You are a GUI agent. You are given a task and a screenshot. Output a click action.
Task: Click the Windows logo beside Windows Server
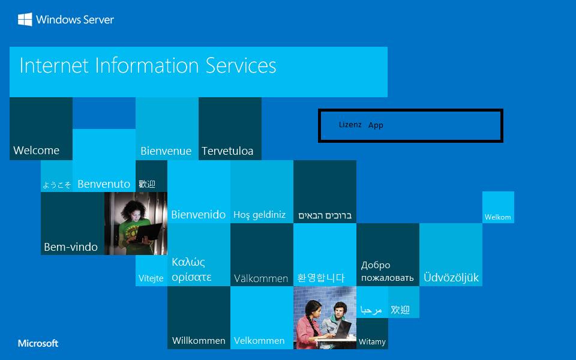[x=25, y=20]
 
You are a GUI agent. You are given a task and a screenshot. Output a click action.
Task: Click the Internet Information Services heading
[x=148, y=65]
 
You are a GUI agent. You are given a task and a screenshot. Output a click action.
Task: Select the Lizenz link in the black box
[x=350, y=125]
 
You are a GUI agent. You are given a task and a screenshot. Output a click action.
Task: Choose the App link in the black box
[x=376, y=125]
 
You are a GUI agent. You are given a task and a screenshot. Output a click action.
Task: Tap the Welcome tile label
[x=37, y=151]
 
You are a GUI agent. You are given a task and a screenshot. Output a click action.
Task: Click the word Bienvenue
[x=166, y=151]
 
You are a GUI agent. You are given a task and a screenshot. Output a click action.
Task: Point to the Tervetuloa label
[x=227, y=151]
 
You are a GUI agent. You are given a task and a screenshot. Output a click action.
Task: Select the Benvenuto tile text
[x=104, y=184]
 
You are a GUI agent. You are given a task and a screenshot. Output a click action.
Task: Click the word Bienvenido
[x=199, y=215]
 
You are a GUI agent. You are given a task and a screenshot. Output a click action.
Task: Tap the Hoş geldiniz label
[x=259, y=215]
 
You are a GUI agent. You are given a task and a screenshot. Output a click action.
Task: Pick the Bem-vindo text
[x=71, y=247]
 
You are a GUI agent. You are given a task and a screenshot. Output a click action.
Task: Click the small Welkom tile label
[x=498, y=217]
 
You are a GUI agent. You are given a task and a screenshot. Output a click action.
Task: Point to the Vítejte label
[x=151, y=278]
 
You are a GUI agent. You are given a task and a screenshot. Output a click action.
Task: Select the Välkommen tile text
[x=261, y=278]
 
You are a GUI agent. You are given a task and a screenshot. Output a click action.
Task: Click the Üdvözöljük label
[x=451, y=278]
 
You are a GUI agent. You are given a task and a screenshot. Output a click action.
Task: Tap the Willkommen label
[x=199, y=341]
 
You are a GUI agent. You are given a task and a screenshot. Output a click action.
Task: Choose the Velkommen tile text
[x=259, y=341]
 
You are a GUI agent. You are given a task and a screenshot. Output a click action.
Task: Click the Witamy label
[x=372, y=342]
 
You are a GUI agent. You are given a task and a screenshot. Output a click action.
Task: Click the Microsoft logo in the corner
[x=38, y=344]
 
